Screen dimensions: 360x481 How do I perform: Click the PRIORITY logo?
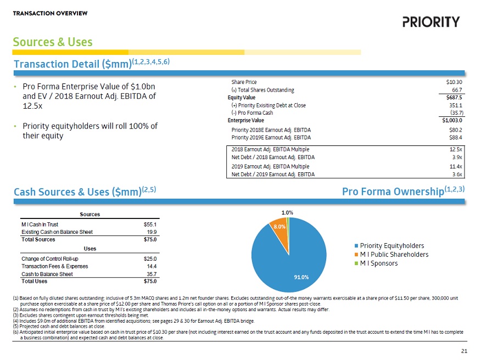(430, 22)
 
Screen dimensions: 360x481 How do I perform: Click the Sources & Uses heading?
(53, 42)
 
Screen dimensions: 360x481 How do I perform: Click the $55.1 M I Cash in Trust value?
(150, 224)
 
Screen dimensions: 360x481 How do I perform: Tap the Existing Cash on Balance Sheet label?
(60, 232)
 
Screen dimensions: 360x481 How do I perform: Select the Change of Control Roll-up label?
(50, 258)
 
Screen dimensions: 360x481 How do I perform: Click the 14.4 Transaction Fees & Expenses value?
(152, 266)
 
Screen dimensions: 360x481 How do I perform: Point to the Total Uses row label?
(34, 282)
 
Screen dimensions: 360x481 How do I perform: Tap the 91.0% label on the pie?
(301, 277)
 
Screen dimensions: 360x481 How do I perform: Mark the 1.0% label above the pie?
(287, 212)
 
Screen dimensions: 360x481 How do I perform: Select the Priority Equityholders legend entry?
(391, 245)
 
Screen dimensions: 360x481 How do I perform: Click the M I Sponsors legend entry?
(379, 263)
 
